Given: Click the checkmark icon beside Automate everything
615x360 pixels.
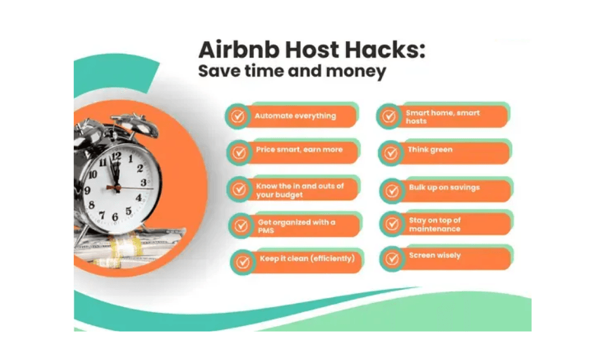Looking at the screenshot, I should (x=237, y=117).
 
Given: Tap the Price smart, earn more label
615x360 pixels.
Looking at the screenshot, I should (x=299, y=150).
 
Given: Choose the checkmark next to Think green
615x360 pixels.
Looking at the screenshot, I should (x=391, y=153).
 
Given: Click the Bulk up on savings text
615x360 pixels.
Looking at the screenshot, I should (x=444, y=188).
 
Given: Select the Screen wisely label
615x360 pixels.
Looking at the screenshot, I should (x=435, y=255).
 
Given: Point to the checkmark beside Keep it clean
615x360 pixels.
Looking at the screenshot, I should (x=243, y=262).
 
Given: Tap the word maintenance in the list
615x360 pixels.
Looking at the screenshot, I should (x=435, y=229).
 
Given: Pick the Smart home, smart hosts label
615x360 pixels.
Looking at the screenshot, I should (x=442, y=117).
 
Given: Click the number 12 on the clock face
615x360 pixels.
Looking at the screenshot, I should (x=116, y=156).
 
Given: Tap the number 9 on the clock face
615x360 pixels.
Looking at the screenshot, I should (x=87, y=190).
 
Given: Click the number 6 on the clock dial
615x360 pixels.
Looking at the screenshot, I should (x=115, y=217).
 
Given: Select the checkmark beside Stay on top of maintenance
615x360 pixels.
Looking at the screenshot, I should (x=391, y=224).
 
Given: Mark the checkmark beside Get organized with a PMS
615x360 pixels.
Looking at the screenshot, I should (x=240, y=226).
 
